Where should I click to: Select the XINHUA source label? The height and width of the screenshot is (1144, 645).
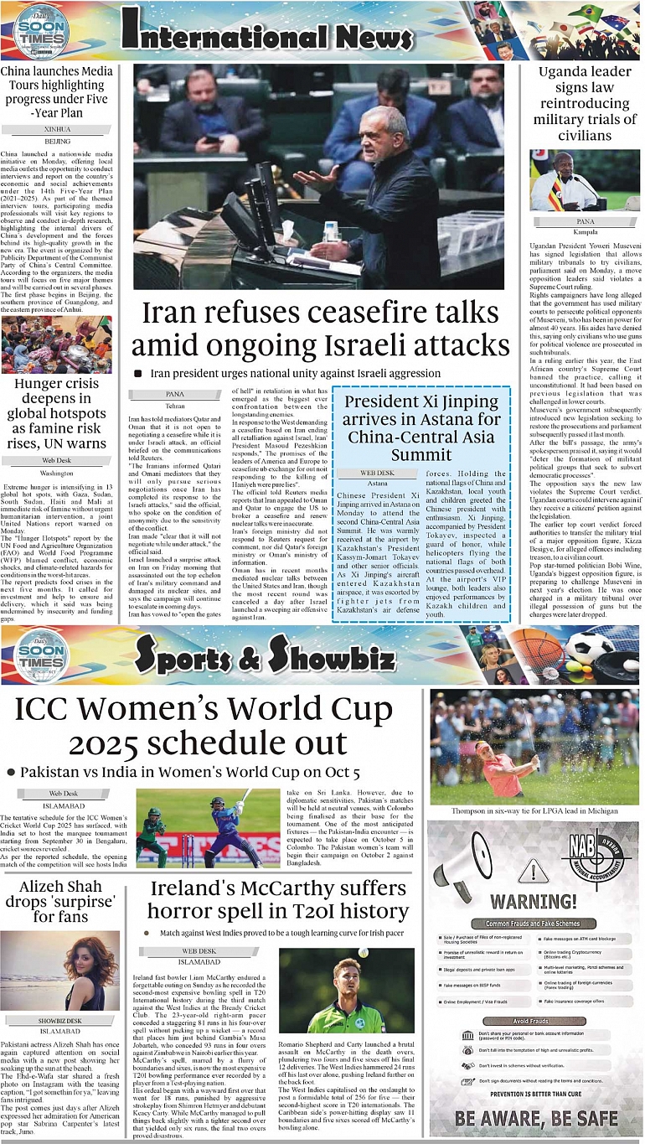tap(57, 130)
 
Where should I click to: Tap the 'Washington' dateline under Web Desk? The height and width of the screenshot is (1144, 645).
tap(56, 474)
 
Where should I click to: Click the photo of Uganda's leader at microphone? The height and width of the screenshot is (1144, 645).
tap(585, 181)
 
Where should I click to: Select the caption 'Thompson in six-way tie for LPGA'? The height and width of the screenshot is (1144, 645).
tap(534, 812)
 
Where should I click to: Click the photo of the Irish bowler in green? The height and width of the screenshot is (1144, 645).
tap(346, 991)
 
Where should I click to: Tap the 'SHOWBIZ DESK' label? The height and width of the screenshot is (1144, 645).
tap(57, 1021)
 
